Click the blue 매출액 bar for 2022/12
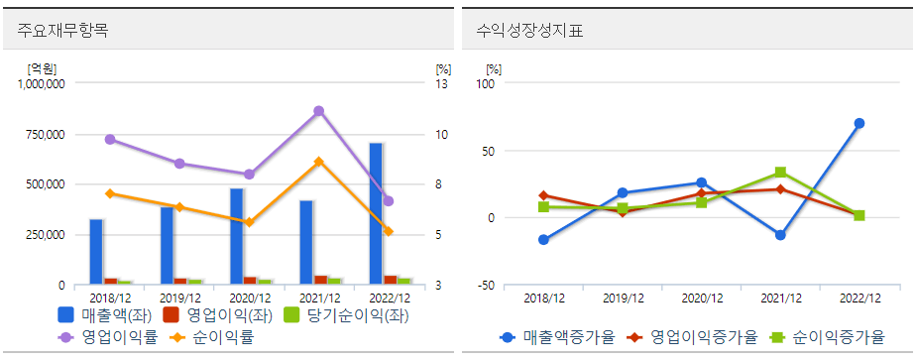tap(376, 213)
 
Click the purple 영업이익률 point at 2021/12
tap(318, 111)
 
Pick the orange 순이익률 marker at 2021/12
tap(318, 162)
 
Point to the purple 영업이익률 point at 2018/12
tap(110, 140)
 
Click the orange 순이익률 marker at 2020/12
tap(249, 222)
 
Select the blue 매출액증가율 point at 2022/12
tap(859, 123)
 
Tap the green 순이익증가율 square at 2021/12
tap(780, 173)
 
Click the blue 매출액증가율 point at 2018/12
tap(543, 240)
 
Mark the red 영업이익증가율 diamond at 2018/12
tap(543, 195)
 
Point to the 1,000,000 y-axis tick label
tap(41, 84)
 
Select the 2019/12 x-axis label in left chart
tap(179, 298)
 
